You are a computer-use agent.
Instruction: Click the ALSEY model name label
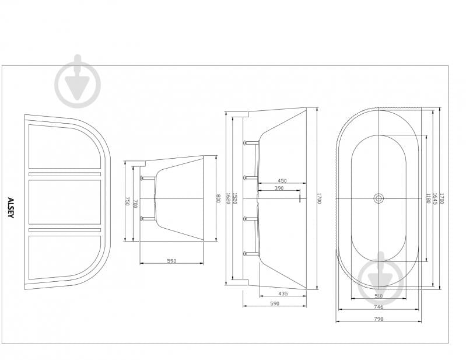point(10,208)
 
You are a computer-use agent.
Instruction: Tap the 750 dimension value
point(128,201)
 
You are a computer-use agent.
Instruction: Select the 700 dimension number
point(135,204)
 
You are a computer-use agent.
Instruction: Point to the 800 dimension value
point(218,198)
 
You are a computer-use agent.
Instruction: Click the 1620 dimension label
point(229,198)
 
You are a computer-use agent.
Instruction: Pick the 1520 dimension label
point(235,198)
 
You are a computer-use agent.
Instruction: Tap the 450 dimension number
point(282,181)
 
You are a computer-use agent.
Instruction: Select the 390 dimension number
point(279,188)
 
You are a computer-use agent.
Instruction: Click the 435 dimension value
point(283,293)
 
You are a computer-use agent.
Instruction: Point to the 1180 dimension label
point(428,198)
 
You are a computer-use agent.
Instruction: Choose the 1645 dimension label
point(435,198)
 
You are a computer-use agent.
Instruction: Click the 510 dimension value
point(379,296)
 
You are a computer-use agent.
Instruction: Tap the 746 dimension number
point(379,307)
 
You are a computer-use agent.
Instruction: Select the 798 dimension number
point(379,319)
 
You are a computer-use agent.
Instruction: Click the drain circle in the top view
point(379,198)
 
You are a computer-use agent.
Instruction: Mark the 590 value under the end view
point(171,261)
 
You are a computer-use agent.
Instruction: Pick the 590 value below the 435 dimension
point(275,303)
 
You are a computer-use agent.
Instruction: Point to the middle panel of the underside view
point(65,202)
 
